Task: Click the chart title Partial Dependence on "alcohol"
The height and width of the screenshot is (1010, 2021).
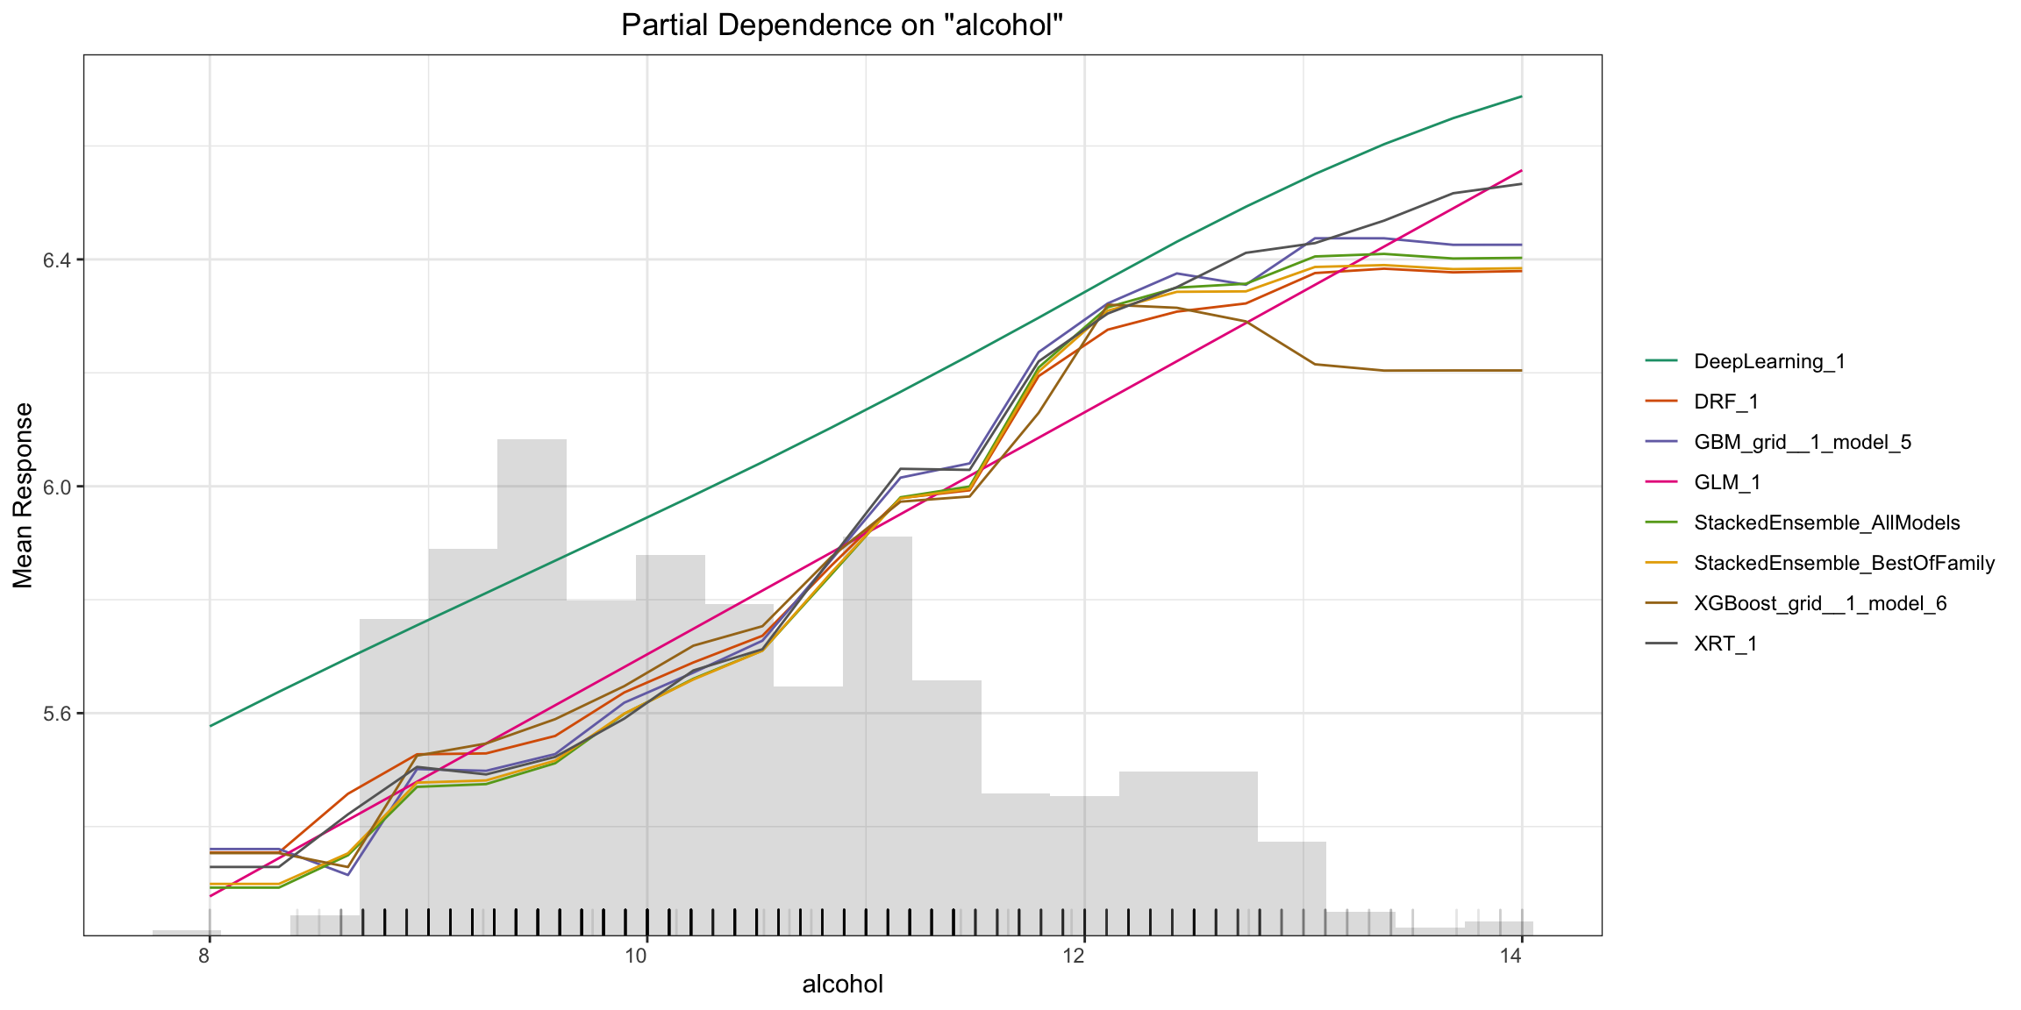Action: pos(841,25)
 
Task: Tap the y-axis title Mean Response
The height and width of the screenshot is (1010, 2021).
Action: pos(23,495)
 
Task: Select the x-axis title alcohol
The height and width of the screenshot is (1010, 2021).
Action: pos(842,985)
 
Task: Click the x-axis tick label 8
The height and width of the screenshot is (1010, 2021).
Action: pos(204,956)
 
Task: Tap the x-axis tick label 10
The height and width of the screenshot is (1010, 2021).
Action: pos(636,956)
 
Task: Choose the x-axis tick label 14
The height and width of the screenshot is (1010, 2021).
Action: pos(1510,956)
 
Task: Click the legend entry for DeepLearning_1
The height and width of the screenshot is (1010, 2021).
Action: pos(1769,361)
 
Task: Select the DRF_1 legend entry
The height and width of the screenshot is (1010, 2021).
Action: pos(1726,402)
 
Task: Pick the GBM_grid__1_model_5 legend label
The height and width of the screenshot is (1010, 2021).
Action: pos(1803,442)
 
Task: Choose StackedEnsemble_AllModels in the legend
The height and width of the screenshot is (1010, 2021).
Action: pos(1826,523)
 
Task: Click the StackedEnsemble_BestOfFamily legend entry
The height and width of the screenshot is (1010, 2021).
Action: pos(1844,563)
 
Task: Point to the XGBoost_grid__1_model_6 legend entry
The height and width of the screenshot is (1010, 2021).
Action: pos(1820,603)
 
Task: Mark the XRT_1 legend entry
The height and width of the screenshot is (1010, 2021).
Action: pos(1725,644)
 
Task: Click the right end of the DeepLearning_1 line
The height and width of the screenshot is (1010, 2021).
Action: pos(1521,96)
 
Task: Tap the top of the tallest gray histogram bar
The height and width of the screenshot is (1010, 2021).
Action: pos(532,440)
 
